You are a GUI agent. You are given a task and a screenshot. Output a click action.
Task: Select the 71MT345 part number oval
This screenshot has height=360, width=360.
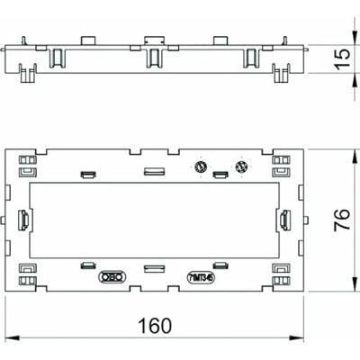click(x=202, y=278)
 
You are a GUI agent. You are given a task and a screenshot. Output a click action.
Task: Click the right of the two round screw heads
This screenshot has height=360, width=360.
click(x=239, y=167)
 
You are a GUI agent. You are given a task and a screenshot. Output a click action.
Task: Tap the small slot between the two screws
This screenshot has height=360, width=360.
click(x=220, y=174)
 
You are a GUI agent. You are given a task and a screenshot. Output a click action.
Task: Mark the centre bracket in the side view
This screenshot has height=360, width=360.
click(x=154, y=58)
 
